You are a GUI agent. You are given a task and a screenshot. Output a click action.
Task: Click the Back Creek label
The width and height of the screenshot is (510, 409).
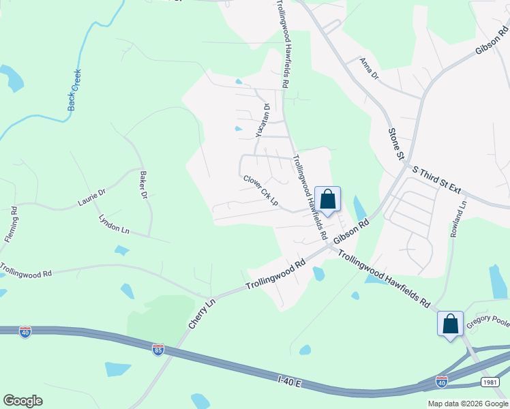point(74,90)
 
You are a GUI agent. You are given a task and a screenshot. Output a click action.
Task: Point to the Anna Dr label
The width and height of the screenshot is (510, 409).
point(370,70)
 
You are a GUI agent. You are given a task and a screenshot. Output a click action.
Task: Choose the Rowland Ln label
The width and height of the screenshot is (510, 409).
point(458,219)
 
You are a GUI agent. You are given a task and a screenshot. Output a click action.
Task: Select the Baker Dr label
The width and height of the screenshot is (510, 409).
point(143,185)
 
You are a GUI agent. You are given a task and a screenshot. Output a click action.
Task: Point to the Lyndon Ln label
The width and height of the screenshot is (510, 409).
point(114,225)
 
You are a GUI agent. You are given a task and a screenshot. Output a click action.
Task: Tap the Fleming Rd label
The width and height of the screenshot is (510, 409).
point(13,226)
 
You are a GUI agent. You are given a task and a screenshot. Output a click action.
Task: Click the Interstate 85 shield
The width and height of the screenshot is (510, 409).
point(158,349)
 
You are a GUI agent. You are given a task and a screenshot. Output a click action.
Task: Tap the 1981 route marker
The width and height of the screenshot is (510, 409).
point(490,382)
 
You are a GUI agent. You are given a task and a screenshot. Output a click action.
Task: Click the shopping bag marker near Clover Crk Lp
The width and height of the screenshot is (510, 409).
point(327,199)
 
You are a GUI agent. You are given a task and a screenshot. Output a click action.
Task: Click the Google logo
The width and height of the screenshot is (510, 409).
point(22,401)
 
